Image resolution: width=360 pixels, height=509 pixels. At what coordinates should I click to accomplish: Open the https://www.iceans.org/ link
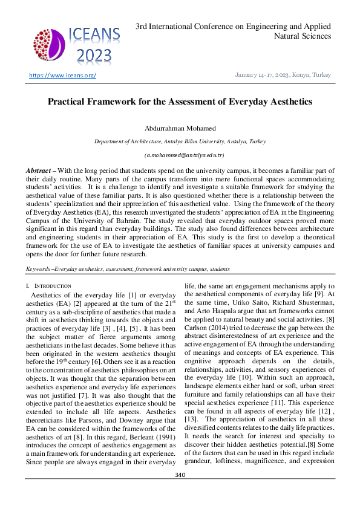click(63, 75)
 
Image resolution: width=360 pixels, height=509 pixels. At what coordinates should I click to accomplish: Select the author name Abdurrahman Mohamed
click(180, 128)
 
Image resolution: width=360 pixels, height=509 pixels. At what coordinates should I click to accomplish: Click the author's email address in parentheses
click(180, 155)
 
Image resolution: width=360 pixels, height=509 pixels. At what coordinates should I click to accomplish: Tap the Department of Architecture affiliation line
click(180, 141)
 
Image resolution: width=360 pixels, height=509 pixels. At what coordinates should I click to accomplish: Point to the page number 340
click(180, 491)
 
